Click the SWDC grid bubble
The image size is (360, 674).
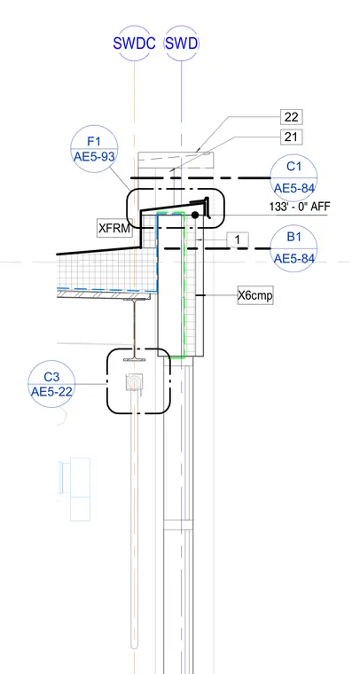coord(134,43)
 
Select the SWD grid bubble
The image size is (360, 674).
coord(181,43)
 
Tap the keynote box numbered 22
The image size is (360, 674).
coord(291,116)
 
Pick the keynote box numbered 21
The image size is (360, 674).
coord(291,137)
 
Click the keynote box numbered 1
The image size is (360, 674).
coord(238,239)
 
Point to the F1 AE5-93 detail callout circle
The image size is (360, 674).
coord(94,149)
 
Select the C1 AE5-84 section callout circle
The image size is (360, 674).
coord(293,177)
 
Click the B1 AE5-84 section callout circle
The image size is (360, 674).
coord(293,248)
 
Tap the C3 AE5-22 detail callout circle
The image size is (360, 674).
coord(51,384)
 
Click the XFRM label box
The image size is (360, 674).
coord(114,228)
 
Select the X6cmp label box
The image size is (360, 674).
coord(255,295)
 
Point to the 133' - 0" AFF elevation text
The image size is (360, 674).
coord(300,207)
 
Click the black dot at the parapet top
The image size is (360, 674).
coord(195,215)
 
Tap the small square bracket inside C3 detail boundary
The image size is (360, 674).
coord(134,382)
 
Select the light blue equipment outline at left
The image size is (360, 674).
coord(74,490)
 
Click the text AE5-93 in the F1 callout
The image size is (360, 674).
coord(94,157)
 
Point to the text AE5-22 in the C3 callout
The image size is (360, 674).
coord(51,392)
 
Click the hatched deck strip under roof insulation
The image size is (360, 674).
coord(105,294)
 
